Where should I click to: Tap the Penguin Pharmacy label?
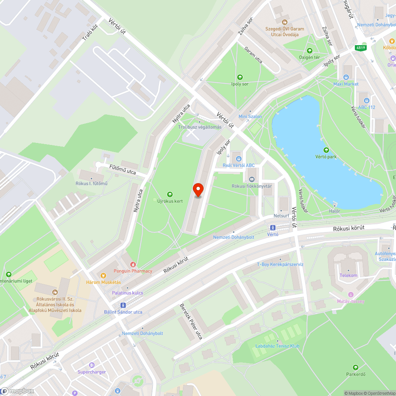click(x=133, y=271)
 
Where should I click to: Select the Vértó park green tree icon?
click(x=326, y=150)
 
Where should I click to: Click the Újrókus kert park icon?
click(x=170, y=194)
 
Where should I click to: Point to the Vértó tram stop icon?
click(x=272, y=228)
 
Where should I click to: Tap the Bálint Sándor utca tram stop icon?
click(x=123, y=305)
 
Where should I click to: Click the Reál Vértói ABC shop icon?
click(x=238, y=158)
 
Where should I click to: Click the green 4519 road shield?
click(x=360, y=48)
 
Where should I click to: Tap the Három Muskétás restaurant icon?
click(x=104, y=275)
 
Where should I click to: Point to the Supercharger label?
click(x=91, y=372)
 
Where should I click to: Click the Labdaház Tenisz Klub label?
click(x=277, y=346)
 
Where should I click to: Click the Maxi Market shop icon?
click(x=346, y=77)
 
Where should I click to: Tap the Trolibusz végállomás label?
click(x=200, y=127)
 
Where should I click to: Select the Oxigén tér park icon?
click(x=309, y=51)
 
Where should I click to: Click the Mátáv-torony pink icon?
click(x=350, y=295)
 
